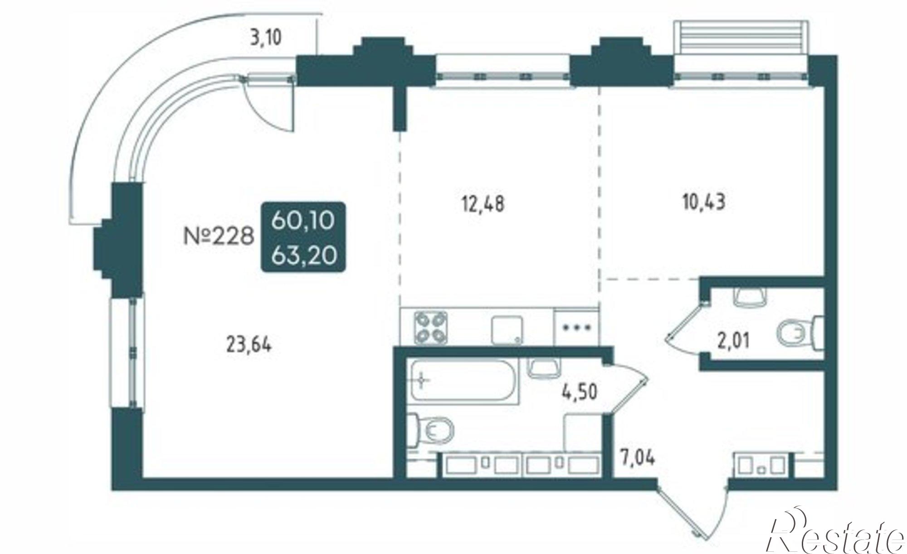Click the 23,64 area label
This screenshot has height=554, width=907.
pyautogui.click(x=249, y=346)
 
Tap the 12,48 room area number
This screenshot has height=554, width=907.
pyautogui.click(x=483, y=204)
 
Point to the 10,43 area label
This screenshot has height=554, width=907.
pyautogui.click(x=704, y=202)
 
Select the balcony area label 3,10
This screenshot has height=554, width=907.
pyautogui.click(x=266, y=38)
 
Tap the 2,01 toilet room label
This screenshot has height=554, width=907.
pyautogui.click(x=733, y=340)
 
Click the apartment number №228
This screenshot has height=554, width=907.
pyautogui.click(x=219, y=236)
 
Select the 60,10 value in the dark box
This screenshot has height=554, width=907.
pyautogui.click(x=303, y=221)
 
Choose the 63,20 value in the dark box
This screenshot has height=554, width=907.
pyautogui.click(x=303, y=256)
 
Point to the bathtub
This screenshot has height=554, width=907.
pyautogui.click(x=463, y=380)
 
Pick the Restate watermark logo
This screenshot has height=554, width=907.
pyautogui.click(x=837, y=535)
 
